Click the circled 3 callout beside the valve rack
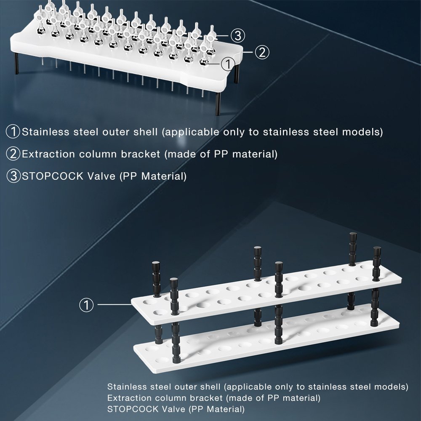(238, 35)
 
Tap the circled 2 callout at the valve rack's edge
(262, 52)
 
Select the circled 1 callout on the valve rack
(228, 64)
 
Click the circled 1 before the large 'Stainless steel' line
(13, 131)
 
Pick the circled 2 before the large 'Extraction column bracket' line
(13, 154)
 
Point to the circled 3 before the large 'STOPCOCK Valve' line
(13, 176)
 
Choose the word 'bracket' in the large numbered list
(141, 154)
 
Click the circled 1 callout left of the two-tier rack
(86, 305)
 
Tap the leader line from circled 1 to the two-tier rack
(115, 304)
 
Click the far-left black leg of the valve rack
(16, 64)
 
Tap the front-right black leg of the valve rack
(218, 104)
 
